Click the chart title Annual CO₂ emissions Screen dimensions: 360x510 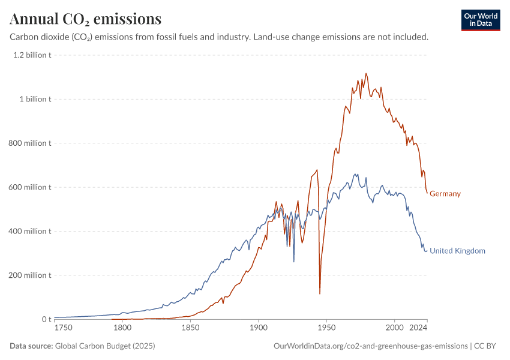86,19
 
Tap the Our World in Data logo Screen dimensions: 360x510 481,20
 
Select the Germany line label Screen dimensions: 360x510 445,194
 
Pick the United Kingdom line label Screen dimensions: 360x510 457,251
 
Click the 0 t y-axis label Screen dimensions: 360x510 46,319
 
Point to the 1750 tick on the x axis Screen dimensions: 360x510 62,329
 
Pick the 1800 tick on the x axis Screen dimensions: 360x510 122,329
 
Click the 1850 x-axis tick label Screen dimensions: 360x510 190,329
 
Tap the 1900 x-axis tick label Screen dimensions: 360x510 258,329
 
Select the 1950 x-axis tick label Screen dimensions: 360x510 326,329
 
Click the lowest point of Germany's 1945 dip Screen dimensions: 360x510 320,293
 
